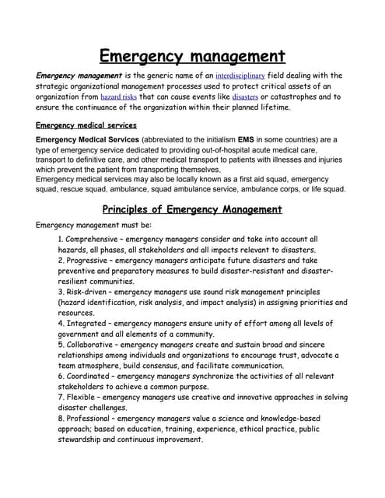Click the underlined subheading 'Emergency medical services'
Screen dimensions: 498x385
86,124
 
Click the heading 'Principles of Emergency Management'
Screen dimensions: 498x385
192,209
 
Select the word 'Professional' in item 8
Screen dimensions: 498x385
93,418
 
